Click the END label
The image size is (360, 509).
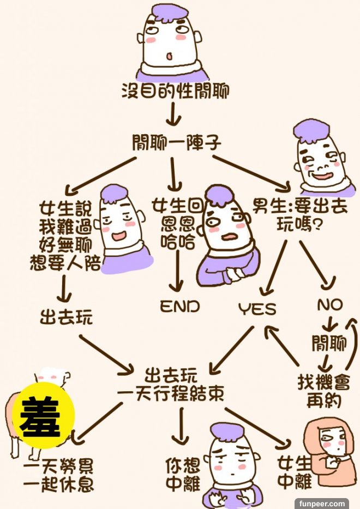[179, 307]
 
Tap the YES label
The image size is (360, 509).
[257, 309]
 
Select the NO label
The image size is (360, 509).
[329, 304]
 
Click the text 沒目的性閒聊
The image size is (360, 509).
[175, 91]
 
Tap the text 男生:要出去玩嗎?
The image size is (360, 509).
[289, 215]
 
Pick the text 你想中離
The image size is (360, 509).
[182, 475]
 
